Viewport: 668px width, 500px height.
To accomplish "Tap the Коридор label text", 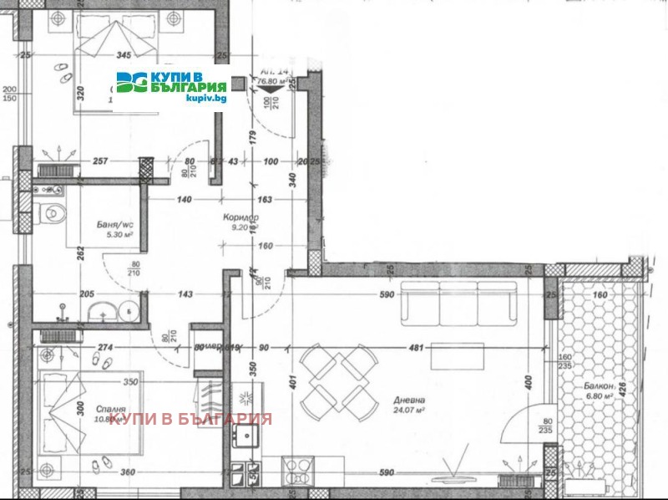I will pyautogui.click(x=238, y=217).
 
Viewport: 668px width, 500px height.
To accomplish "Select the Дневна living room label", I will pyautogui.click(x=408, y=400).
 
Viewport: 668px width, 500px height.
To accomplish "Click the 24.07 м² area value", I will pyautogui.click(x=408, y=411).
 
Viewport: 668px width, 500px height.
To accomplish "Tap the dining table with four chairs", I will pyautogui.click(x=337, y=380).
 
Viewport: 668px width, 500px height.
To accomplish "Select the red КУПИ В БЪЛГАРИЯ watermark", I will pyautogui.click(x=191, y=418).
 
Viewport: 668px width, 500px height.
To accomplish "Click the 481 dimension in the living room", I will pyautogui.click(x=415, y=349).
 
